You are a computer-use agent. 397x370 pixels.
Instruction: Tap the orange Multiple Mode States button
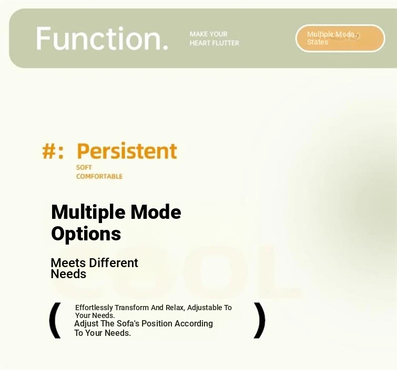pos(340,38)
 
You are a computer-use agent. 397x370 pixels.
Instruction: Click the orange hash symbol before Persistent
pos(49,151)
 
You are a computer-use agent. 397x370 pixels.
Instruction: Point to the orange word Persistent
pos(127,151)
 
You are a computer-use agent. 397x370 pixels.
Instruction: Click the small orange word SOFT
pos(84,167)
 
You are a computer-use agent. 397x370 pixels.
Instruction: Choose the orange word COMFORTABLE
pos(99,176)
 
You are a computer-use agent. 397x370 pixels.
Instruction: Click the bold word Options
pos(86,234)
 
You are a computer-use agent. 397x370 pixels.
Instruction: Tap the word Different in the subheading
pos(114,263)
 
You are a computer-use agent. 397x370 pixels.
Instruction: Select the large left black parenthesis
pos(55,320)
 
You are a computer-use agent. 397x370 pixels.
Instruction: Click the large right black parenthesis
pos(260,320)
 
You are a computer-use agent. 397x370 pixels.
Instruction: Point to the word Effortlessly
pos(94,308)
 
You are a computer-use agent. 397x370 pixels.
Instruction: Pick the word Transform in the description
pos(131,308)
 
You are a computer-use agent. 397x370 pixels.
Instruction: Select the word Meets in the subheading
pos(68,263)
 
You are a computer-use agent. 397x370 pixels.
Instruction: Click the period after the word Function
pos(165,47)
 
